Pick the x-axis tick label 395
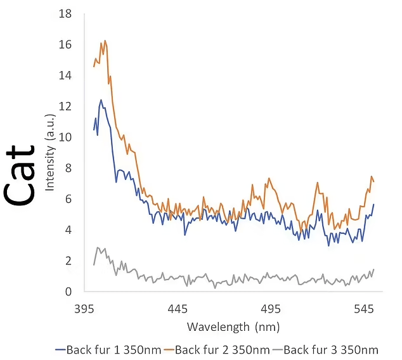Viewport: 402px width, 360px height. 84,309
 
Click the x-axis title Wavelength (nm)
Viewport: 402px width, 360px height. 233,327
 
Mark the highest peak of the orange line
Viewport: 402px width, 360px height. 105,41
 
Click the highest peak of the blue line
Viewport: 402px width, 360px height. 101,100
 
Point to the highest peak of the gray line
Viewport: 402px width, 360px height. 98,247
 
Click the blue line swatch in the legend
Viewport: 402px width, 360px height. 61,349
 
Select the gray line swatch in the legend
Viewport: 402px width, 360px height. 276,349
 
